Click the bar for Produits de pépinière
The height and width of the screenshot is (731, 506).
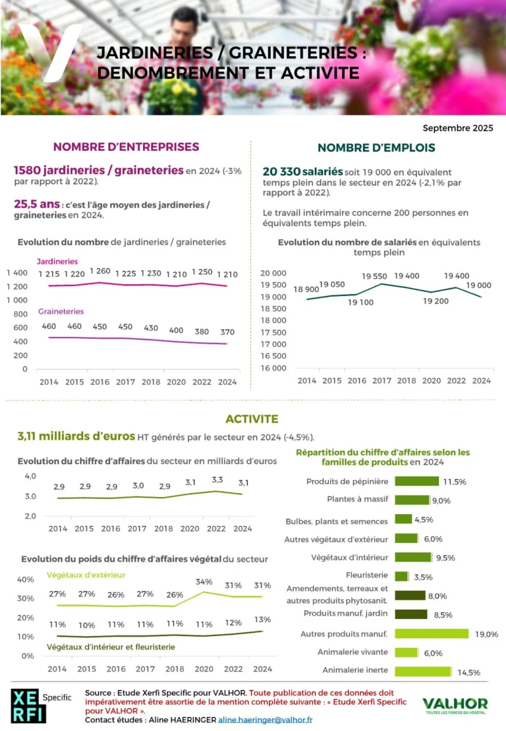[x=416, y=481]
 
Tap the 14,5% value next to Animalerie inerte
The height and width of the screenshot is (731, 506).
[x=469, y=672]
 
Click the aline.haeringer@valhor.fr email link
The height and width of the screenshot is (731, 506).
[x=266, y=720]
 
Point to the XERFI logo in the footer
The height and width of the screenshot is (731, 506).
[x=28, y=705]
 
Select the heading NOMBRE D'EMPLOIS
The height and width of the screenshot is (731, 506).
[x=376, y=148]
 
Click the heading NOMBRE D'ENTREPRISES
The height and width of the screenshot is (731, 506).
[x=126, y=147]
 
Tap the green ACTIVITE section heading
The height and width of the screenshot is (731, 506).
[x=252, y=419]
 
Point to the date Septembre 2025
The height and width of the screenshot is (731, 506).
[x=458, y=128]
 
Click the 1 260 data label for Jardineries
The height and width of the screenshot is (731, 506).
[x=100, y=271]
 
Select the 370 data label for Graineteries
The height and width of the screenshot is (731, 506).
[x=227, y=332]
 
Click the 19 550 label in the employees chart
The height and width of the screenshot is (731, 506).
[x=374, y=276]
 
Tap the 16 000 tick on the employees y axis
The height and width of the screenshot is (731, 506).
[x=273, y=368]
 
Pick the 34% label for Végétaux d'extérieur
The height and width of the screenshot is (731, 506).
[x=204, y=582]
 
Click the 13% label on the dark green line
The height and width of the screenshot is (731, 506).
[x=262, y=620]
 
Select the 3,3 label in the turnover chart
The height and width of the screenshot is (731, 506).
[x=217, y=479]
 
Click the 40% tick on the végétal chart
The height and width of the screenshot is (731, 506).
[x=26, y=579]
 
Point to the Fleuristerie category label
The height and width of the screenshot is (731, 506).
[x=367, y=575]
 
